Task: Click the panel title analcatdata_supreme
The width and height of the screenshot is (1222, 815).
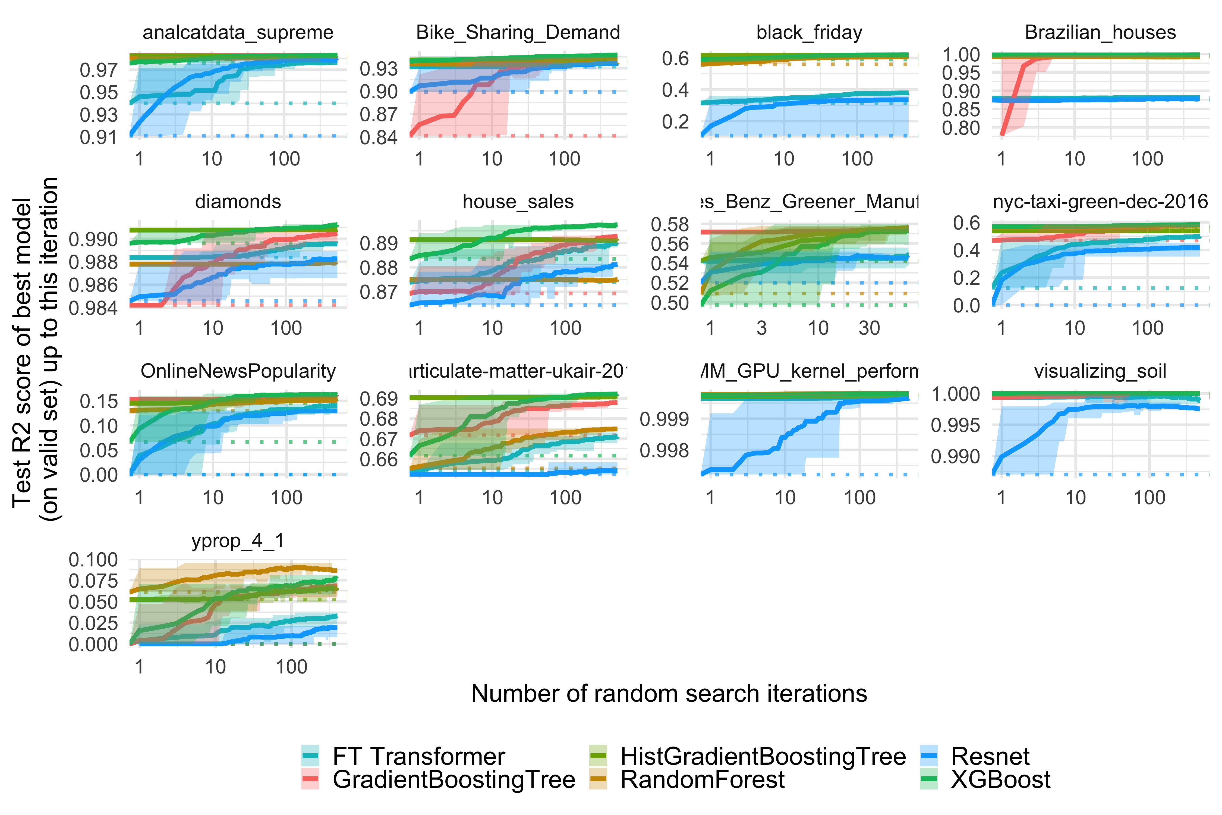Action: [238, 32]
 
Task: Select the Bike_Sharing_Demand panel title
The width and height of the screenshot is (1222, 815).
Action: [518, 32]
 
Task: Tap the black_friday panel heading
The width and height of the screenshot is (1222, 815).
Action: [809, 32]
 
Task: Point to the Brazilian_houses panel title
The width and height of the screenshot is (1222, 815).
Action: [1100, 32]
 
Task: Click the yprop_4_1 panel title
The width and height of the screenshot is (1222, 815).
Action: [238, 541]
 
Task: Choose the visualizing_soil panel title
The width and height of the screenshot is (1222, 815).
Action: [1100, 371]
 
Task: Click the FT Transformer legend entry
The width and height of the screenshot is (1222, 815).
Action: [418, 756]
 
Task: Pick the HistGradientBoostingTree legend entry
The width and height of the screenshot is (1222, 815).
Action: [763, 756]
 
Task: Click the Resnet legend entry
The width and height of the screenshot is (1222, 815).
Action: [990, 756]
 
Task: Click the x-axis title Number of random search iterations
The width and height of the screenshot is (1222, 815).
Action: [669, 693]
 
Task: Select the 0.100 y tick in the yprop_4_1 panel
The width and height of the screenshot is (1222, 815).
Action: [93, 560]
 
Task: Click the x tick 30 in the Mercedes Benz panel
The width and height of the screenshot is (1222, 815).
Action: [869, 328]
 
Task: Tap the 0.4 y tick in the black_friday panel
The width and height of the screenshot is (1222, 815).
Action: [675, 90]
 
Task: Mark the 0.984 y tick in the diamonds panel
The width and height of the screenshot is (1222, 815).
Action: [93, 308]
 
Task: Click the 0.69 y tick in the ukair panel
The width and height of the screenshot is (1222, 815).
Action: [378, 399]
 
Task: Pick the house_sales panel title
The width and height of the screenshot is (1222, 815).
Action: [518, 202]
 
